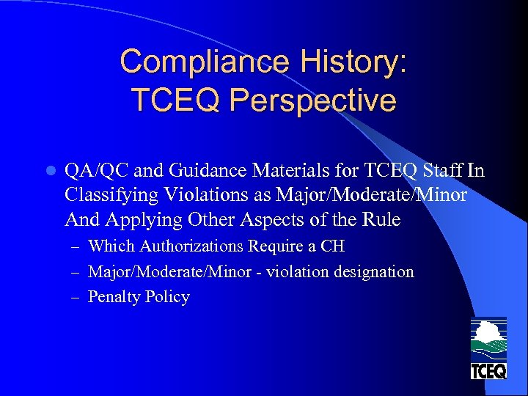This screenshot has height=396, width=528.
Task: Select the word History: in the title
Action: [360, 62]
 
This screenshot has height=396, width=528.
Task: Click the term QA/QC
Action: [86, 171]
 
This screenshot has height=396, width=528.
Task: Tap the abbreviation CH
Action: [332, 246]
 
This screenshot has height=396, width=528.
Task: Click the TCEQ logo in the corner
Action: [488, 348]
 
